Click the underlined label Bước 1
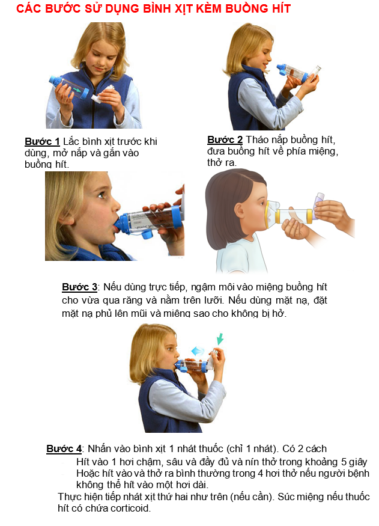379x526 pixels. tap(42, 141)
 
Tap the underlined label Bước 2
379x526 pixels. tap(225, 139)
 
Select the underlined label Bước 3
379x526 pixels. tap(80, 287)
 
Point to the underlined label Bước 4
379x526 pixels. tap(64, 449)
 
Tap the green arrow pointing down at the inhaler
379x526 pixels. tap(219, 338)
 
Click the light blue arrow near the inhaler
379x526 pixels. tap(198, 352)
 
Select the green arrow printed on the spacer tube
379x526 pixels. tap(77, 90)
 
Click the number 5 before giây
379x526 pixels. tap(344, 462)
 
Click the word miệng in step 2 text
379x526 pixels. tap(321, 151)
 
